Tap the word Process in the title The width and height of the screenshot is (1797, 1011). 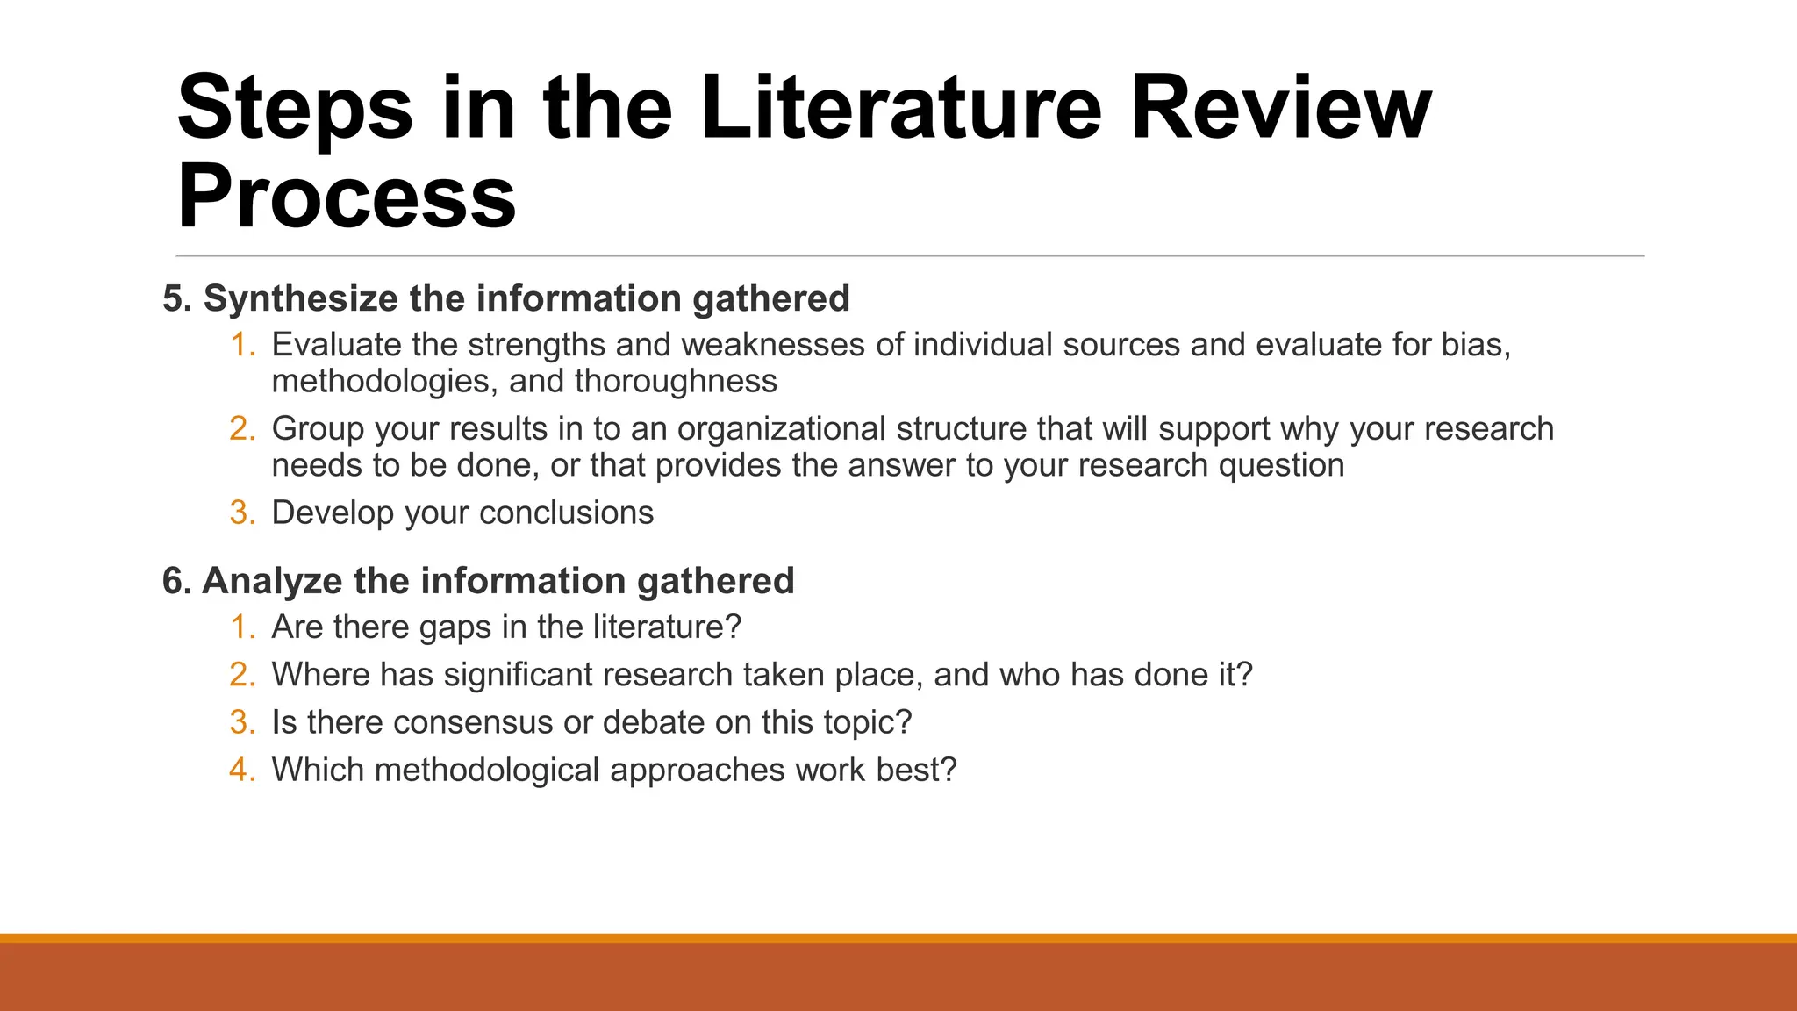coord(347,197)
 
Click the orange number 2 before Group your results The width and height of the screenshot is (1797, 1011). coord(241,429)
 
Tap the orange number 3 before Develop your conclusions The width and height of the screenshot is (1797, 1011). coord(241,513)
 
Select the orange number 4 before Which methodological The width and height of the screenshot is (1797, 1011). coord(241,770)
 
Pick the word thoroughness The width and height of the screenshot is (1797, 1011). coord(676,382)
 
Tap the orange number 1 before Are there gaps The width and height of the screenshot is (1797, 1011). coord(241,627)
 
